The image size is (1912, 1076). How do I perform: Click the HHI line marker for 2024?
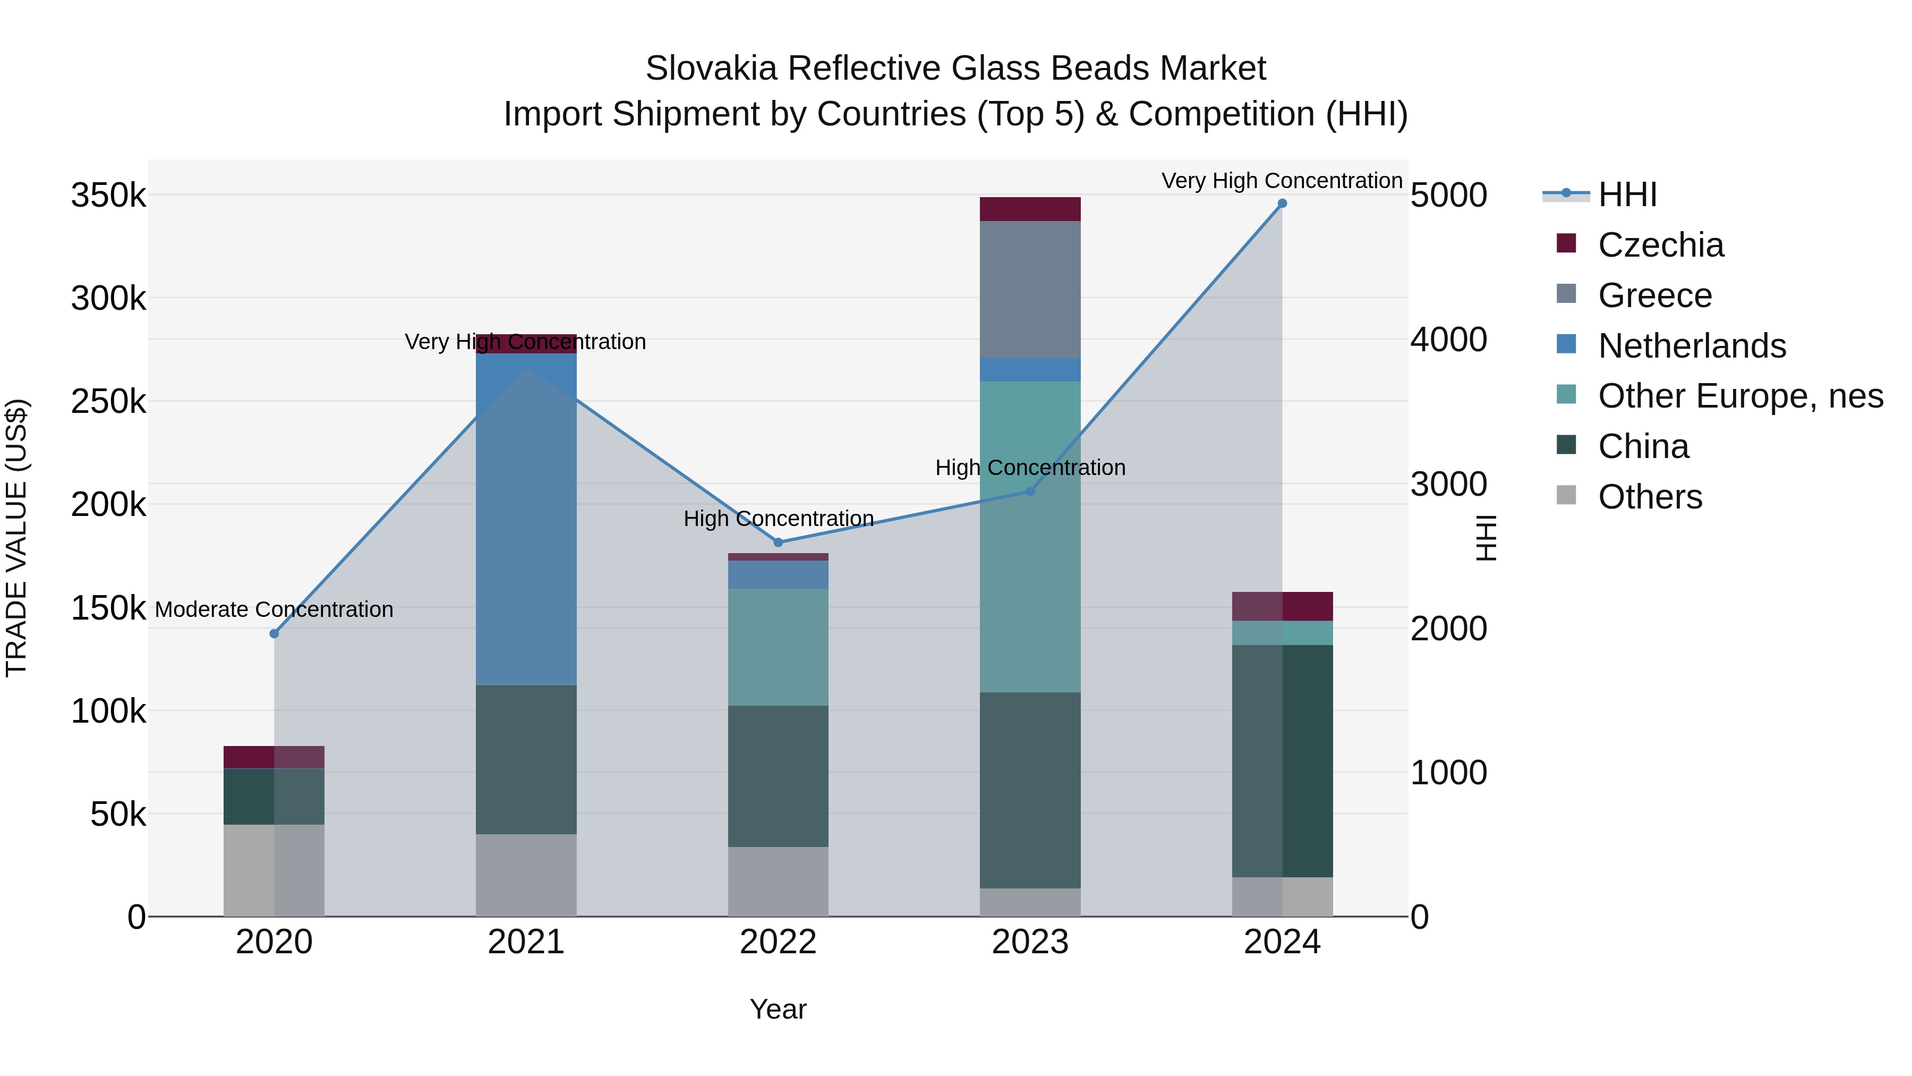tap(1282, 204)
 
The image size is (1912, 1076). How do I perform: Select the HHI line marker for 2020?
tap(274, 633)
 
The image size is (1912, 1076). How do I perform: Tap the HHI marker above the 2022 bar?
tap(778, 542)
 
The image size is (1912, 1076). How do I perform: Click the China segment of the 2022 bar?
tap(778, 776)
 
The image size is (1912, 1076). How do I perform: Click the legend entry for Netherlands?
tap(1692, 346)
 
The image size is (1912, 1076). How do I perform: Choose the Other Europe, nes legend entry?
tap(1740, 396)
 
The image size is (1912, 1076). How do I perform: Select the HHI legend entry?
tap(1627, 194)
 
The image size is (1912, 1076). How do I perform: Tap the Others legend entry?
tap(1649, 497)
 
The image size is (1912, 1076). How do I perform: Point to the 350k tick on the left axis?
tap(108, 196)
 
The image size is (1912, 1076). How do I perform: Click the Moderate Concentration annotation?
tap(274, 609)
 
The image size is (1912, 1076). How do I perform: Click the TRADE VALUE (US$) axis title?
tap(16, 538)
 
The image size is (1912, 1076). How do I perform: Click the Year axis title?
tap(778, 1009)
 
